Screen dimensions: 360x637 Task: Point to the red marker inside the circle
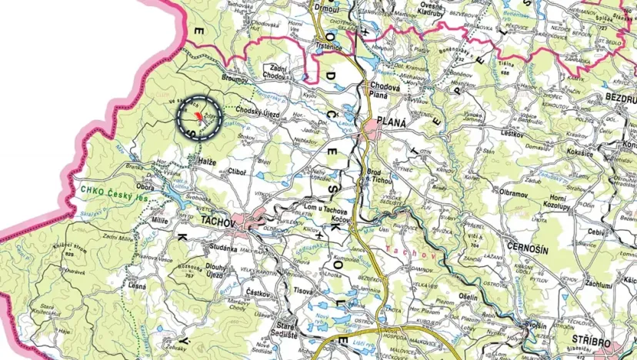(x=199, y=115)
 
